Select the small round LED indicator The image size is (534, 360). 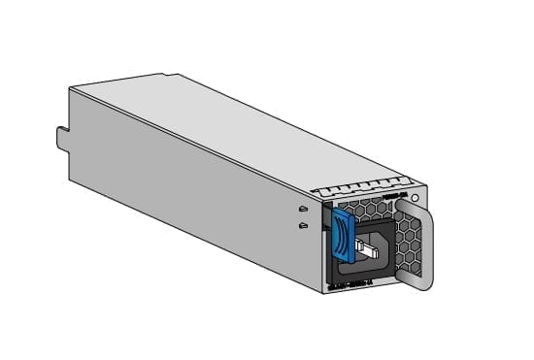click(x=415, y=200)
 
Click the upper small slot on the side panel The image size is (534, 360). click(x=303, y=209)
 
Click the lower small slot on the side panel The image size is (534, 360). click(x=303, y=226)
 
